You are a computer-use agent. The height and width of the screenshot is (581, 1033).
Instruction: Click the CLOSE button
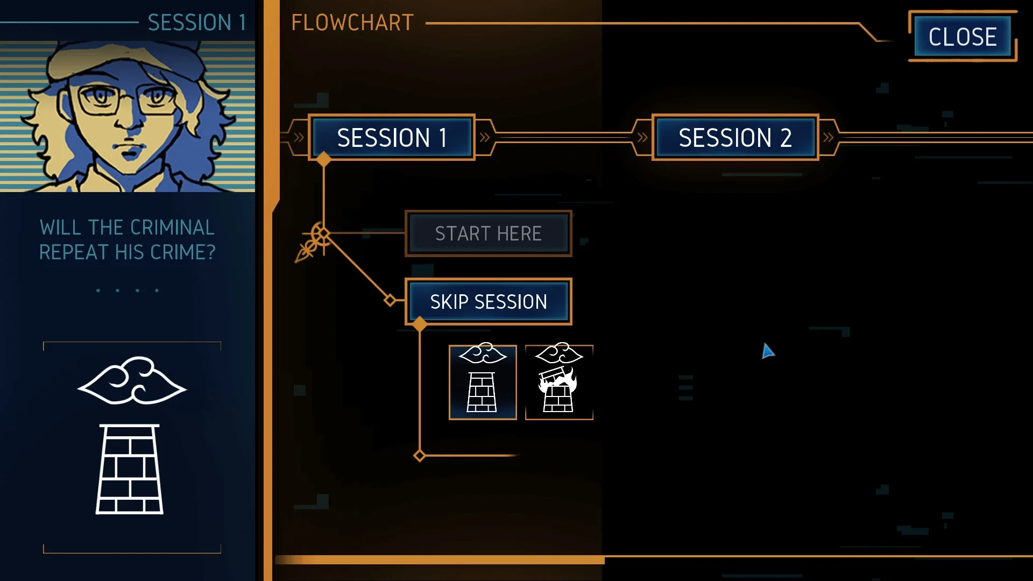(963, 37)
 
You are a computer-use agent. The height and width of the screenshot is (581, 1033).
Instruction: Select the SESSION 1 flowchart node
(391, 137)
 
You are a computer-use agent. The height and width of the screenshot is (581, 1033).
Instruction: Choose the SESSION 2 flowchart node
(735, 137)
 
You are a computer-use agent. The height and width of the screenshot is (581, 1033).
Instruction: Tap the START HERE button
(488, 233)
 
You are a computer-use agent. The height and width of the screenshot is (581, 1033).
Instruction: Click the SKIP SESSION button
(488, 301)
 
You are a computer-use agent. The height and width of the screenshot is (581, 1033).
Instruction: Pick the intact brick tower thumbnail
(483, 382)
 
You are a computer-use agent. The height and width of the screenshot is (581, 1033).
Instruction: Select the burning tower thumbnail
(559, 382)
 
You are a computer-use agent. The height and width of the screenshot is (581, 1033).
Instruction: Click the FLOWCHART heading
(352, 23)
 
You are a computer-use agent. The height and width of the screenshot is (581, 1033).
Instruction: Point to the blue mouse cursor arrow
(767, 351)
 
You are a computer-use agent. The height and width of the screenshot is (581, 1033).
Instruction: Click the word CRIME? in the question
(183, 252)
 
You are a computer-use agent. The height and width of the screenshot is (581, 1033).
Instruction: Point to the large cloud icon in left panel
(132, 380)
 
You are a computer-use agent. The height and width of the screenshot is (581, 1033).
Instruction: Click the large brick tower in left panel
(130, 469)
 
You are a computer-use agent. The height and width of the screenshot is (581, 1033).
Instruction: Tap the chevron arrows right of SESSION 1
(485, 137)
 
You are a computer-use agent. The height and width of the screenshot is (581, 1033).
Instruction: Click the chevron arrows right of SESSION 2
(828, 137)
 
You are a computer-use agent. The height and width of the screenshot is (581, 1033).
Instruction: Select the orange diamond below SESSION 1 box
(323, 159)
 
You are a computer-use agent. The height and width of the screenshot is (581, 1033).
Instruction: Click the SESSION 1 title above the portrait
(197, 23)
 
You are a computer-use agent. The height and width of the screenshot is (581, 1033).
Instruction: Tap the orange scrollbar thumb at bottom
(440, 560)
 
